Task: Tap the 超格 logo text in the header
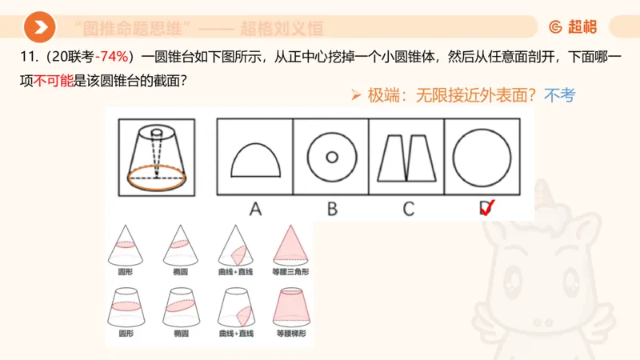(x=582, y=28)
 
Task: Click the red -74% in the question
(x=114, y=57)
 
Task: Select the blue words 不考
(x=559, y=96)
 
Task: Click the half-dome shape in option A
(x=255, y=160)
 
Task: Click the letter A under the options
(x=255, y=210)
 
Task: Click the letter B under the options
(x=331, y=210)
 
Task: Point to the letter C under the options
(x=408, y=210)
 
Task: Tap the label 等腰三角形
(x=288, y=273)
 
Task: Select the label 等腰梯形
(x=288, y=333)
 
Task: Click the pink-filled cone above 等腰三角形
(x=288, y=243)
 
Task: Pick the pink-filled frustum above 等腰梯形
(x=288, y=305)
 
